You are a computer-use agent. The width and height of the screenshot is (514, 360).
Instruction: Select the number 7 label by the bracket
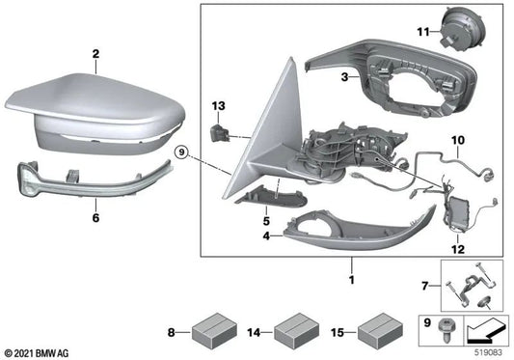pyautogui.click(x=426, y=286)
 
